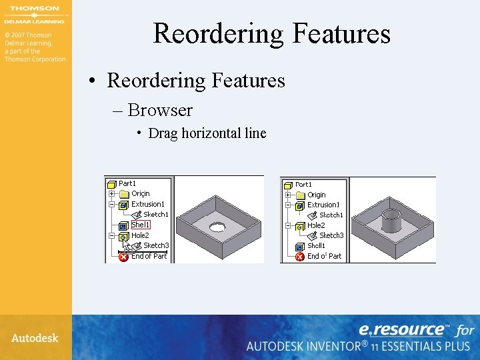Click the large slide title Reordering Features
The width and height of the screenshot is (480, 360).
271,33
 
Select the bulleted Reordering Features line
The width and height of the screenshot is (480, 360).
195,81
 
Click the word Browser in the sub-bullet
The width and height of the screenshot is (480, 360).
159,110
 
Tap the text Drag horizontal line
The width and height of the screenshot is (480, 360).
207,133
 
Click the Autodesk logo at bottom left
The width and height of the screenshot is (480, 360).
35,338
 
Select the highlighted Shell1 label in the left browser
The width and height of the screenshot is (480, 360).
140,225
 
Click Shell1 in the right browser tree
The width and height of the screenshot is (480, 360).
316,245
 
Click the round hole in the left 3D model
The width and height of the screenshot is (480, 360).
217,227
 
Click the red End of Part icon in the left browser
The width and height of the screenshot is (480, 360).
123,257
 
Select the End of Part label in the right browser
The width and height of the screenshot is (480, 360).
324,256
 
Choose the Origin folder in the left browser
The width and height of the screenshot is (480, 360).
140,194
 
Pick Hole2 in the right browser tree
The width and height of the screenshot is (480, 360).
316,225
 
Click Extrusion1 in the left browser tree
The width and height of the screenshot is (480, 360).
147,204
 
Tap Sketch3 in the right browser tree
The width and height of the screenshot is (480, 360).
331,235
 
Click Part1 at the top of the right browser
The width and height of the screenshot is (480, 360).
303,184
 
